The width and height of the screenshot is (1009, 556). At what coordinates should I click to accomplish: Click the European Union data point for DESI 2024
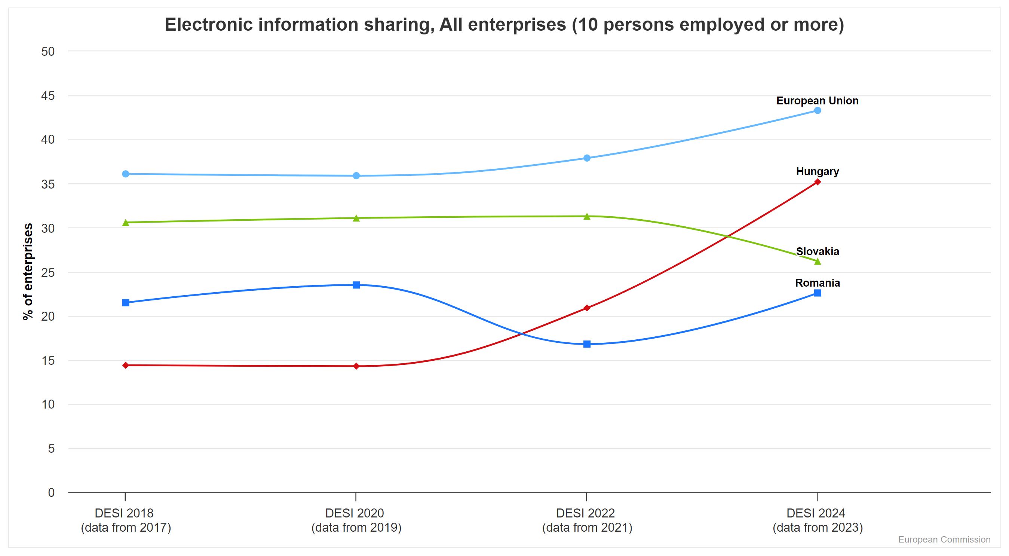pos(818,110)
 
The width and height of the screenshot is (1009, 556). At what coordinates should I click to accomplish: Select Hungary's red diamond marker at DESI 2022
pos(587,308)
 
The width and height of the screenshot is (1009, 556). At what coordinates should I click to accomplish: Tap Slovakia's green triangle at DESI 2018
pos(126,223)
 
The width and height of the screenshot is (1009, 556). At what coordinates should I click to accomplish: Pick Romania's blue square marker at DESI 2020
pos(356,285)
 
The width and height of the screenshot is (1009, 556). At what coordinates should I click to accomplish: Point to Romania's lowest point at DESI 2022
pos(587,344)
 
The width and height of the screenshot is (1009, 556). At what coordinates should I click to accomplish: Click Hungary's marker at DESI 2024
pos(818,182)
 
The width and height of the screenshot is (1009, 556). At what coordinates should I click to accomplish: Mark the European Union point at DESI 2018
pos(126,174)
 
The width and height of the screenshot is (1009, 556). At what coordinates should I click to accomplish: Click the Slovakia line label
pos(818,251)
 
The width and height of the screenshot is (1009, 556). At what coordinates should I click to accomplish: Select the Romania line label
pos(818,283)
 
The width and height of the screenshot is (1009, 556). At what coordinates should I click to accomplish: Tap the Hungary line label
pos(818,172)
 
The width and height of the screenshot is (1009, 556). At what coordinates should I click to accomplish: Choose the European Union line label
pos(818,101)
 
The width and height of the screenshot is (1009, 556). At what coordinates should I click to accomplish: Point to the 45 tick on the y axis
pos(48,96)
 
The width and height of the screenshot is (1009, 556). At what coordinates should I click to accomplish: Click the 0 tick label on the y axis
pos(51,493)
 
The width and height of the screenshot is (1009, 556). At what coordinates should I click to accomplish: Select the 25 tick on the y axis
pos(48,272)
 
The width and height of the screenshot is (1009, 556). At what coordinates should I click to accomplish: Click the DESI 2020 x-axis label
pos(356,520)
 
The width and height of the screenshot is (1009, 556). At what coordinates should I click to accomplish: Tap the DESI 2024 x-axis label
pos(818,520)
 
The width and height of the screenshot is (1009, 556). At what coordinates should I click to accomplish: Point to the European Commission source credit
pos(944,540)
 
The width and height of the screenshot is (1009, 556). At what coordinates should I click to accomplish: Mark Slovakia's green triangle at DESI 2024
pos(818,261)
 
